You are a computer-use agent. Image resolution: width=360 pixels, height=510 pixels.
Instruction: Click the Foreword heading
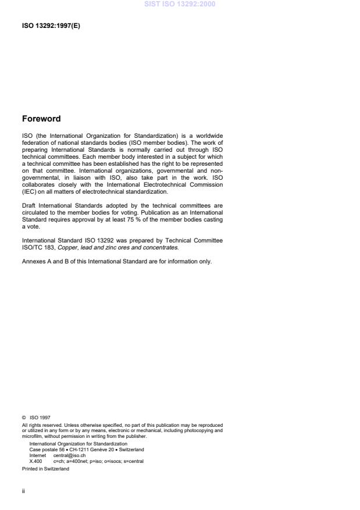point(41,119)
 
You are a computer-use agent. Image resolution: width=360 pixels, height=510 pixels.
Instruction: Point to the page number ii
point(23,490)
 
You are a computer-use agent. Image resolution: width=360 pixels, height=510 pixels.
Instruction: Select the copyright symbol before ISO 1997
point(23,416)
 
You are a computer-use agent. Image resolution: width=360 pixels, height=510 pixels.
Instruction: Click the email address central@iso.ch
point(70,455)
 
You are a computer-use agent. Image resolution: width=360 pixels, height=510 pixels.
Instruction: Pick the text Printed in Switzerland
point(45,468)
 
